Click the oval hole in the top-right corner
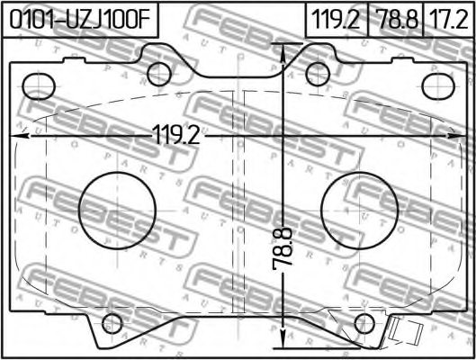coord(438,86)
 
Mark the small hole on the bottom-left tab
coord(112,325)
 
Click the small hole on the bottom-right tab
coord(364,325)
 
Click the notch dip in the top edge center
coord(238,76)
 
